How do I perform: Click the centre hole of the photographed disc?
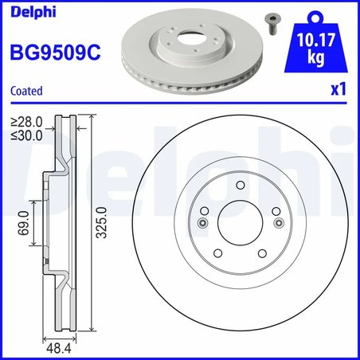[190, 39]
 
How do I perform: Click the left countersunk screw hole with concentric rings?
[203, 222]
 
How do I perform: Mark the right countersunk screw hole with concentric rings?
[276, 222]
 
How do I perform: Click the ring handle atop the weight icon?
[316, 14]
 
